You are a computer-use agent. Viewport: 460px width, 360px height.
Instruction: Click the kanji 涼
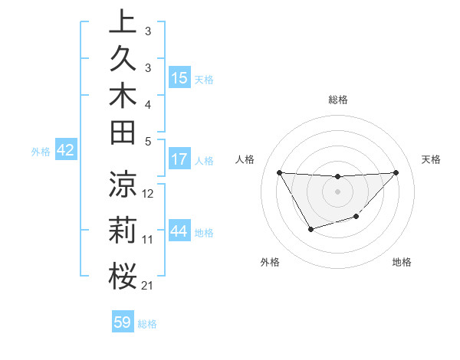122,185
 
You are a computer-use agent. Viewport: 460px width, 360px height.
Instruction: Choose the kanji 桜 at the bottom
122,277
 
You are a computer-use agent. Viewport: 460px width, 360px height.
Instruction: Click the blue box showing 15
179,77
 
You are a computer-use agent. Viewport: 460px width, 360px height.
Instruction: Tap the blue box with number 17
179,160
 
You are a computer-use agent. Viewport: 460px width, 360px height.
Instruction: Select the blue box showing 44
179,231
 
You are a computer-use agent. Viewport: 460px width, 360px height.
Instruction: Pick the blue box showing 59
123,322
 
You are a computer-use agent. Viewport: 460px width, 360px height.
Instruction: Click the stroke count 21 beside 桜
147,286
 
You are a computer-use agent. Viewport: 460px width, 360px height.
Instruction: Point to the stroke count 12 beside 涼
148,194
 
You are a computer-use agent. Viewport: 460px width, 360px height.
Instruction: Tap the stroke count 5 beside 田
147,141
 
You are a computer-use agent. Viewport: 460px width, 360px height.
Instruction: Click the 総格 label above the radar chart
337,100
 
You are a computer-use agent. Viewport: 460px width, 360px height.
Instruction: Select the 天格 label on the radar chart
431,159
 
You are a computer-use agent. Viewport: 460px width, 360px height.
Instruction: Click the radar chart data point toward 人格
279,172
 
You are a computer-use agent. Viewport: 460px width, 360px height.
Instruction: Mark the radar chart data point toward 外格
310,229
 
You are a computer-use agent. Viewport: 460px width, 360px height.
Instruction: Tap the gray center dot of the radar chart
337,191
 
